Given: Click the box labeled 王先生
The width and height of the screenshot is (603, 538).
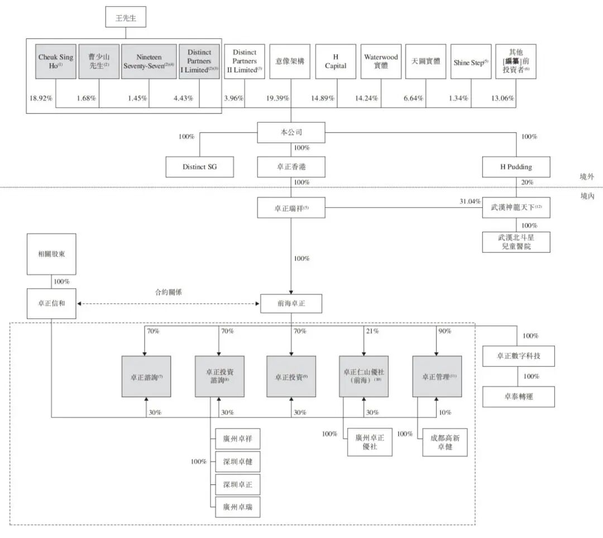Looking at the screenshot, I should tap(126, 17).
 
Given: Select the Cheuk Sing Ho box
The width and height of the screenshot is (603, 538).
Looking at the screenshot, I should tap(56, 61).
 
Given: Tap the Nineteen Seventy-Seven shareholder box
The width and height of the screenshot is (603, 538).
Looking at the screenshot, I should tap(149, 61).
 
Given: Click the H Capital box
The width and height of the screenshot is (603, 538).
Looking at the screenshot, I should tap(336, 61).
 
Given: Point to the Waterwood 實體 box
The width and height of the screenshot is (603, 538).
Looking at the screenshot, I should tap(381, 61).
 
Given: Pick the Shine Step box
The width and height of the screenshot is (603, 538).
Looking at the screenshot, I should tap(471, 62).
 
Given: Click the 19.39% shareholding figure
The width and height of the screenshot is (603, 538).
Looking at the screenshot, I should tap(278, 99).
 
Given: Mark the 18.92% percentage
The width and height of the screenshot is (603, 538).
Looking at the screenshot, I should tap(41, 99).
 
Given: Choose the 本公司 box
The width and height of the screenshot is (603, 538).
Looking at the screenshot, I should tap(291, 133).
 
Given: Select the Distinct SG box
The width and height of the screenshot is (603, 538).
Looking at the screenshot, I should tap(199, 167).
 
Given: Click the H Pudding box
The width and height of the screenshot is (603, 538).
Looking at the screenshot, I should tap(516, 167).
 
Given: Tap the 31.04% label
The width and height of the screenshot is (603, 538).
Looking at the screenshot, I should tap(470, 201).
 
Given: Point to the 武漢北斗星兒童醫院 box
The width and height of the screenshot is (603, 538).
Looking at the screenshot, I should tap(516, 242).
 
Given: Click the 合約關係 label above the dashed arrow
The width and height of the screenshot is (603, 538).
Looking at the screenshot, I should tap(169, 292).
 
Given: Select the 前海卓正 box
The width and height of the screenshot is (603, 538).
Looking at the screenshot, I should tap(291, 304).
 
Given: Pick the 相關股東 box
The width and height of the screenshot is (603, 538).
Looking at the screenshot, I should tap(51, 254).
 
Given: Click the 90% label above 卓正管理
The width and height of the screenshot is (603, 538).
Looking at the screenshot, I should tap(444, 331).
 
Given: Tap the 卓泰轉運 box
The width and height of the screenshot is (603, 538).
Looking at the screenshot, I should tap(519, 396).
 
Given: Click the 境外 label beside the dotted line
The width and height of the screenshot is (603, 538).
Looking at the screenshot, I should tap(587, 176).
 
